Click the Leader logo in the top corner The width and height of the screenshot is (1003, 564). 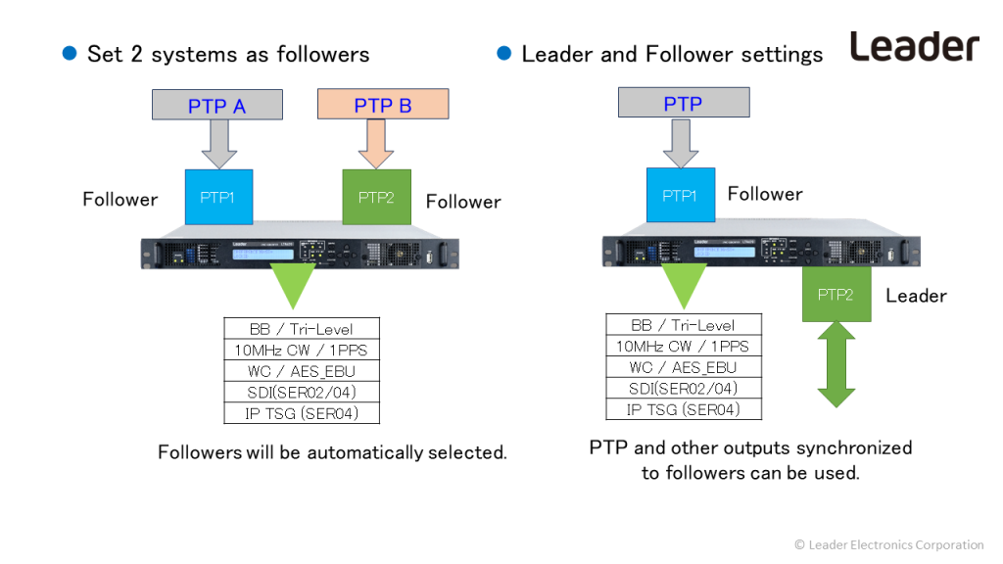coord(914,46)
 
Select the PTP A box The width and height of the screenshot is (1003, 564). coord(217,105)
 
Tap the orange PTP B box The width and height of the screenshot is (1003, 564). coord(383,105)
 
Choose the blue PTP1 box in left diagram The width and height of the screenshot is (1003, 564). coord(218,197)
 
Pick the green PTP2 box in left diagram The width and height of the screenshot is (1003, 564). coord(376,197)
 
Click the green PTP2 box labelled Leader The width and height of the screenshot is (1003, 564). coord(836,295)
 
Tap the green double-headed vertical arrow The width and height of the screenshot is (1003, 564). coord(836,364)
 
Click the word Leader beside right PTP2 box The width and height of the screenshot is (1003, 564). coord(916,296)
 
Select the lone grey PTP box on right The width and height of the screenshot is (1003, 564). coord(683,103)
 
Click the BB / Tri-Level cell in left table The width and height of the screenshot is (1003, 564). coord(301,329)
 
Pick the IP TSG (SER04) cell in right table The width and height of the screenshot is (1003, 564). coord(683,409)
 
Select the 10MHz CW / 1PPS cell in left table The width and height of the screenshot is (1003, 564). coord(301,350)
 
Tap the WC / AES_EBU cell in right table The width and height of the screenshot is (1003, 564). coord(683,367)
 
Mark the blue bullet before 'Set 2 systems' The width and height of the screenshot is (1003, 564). coord(70,54)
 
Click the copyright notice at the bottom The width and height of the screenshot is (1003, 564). coord(888,544)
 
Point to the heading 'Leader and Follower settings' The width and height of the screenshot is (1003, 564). coord(672,54)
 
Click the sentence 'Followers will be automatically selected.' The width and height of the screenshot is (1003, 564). coord(332,452)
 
